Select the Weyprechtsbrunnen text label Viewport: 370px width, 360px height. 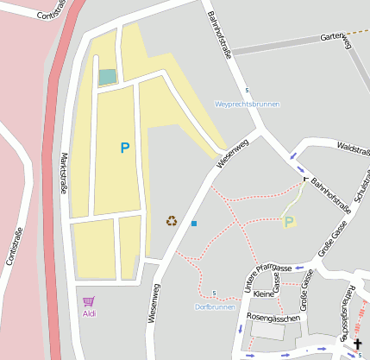(248, 104)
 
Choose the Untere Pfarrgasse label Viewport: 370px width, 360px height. (267, 279)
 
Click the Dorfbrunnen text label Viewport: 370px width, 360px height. (215, 306)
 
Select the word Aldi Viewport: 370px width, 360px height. (89, 313)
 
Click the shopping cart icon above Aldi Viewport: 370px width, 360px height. (88, 301)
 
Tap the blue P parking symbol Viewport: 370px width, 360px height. (125, 148)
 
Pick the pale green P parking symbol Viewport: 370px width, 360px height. (289, 222)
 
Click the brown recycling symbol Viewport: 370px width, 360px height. (172, 221)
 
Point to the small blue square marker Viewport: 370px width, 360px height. (194, 224)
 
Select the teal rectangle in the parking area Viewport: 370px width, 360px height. (107, 77)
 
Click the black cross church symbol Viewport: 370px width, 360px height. (358, 344)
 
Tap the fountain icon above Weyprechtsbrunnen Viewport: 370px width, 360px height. (248, 91)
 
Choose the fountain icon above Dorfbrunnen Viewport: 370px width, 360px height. (214, 294)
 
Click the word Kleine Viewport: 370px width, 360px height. (263, 294)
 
